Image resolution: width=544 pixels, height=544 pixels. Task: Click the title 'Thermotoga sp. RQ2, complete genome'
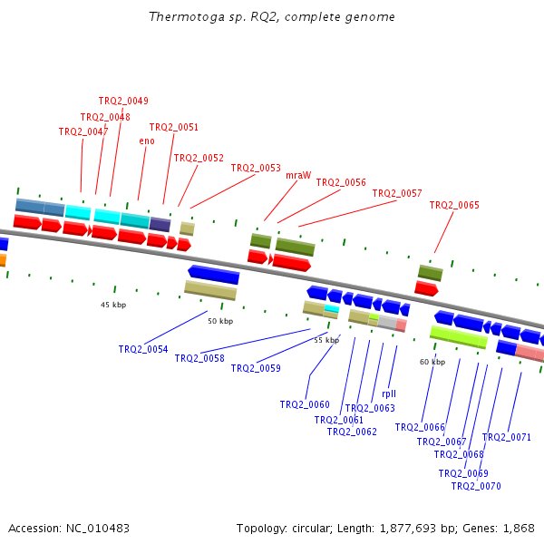[271, 17]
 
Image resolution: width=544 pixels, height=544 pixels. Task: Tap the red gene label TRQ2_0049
[123, 101]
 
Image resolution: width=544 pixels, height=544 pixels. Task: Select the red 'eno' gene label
[147, 141]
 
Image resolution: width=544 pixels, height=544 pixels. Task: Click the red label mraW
[298, 175]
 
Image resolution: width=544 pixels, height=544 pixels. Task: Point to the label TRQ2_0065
[454, 205]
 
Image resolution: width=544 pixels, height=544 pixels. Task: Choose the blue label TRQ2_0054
[143, 349]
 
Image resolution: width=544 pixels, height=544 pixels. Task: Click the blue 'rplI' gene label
[389, 394]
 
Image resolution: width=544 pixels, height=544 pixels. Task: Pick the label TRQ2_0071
[507, 437]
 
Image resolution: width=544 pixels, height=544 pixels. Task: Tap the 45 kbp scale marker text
[113, 305]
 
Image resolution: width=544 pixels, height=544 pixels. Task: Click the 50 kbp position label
[220, 321]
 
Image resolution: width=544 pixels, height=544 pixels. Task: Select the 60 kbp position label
[432, 362]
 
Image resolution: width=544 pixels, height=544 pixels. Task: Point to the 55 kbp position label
[326, 340]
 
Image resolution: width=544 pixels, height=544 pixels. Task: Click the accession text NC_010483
[69, 528]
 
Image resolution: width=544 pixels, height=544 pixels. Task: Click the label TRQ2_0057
[397, 193]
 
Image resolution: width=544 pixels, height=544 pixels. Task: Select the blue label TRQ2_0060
[305, 404]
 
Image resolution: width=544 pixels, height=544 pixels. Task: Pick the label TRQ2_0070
[476, 486]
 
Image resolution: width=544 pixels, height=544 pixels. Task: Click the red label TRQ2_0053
[256, 168]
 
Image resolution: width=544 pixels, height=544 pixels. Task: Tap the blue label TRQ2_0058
[199, 358]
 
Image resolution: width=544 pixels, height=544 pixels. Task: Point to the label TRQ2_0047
[83, 131]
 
